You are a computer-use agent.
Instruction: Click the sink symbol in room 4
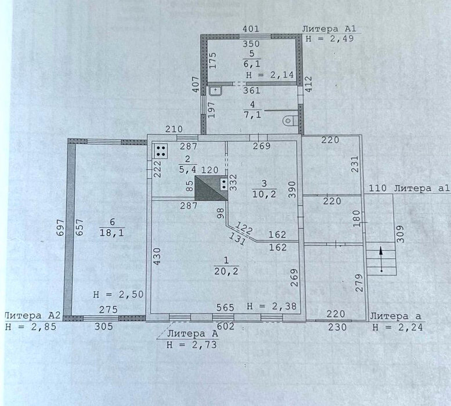tap(216, 91)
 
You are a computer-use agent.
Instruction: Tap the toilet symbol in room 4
tap(289, 121)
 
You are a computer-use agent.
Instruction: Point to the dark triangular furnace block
tap(211, 188)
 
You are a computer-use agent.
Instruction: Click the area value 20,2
tap(226, 271)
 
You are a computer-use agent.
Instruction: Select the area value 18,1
tap(111, 233)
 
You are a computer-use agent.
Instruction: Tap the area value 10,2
tap(264, 194)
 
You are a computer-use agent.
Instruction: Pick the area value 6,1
tap(252, 64)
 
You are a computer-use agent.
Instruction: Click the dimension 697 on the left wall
tap(60, 228)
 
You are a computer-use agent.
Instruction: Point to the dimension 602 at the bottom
tap(226, 327)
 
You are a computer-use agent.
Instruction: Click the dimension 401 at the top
tap(251, 29)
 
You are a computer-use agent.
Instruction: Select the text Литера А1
tap(329, 29)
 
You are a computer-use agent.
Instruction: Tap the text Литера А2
tap(33, 316)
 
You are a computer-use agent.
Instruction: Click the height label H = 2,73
tap(192, 344)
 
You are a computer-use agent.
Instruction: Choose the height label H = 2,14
tap(270, 75)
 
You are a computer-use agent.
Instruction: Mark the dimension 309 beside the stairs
tap(401, 234)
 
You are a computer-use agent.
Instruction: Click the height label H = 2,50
tap(118, 295)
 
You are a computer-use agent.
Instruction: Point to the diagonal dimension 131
tap(237, 238)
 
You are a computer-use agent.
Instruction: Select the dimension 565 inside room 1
tap(225, 307)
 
